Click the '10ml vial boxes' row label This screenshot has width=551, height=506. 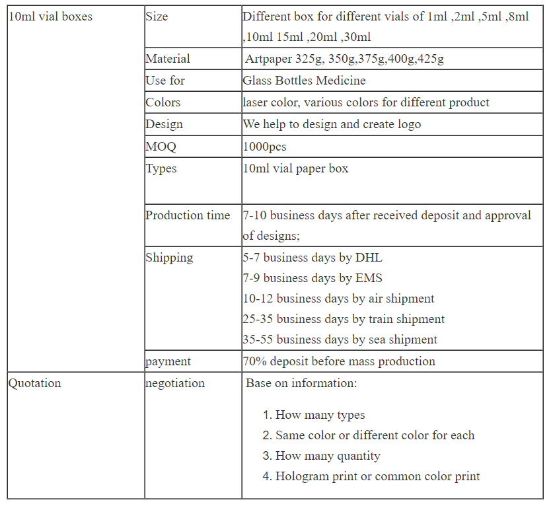[50, 17]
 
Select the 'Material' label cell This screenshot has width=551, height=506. [168, 59]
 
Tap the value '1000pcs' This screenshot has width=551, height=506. [264, 147]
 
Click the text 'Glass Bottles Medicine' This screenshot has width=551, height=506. [304, 81]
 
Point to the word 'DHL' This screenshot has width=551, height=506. [369, 258]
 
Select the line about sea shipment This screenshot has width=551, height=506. [340, 340]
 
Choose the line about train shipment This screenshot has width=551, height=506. [344, 319]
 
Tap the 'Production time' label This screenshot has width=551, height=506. [188, 215]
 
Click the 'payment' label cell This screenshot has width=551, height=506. [168, 361]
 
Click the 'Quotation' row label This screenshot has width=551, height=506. [34, 383]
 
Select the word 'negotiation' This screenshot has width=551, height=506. [175, 383]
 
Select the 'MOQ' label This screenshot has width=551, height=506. [161, 147]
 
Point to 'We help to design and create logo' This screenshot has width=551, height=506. [332, 124]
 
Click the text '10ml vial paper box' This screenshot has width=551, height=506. [295, 168]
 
